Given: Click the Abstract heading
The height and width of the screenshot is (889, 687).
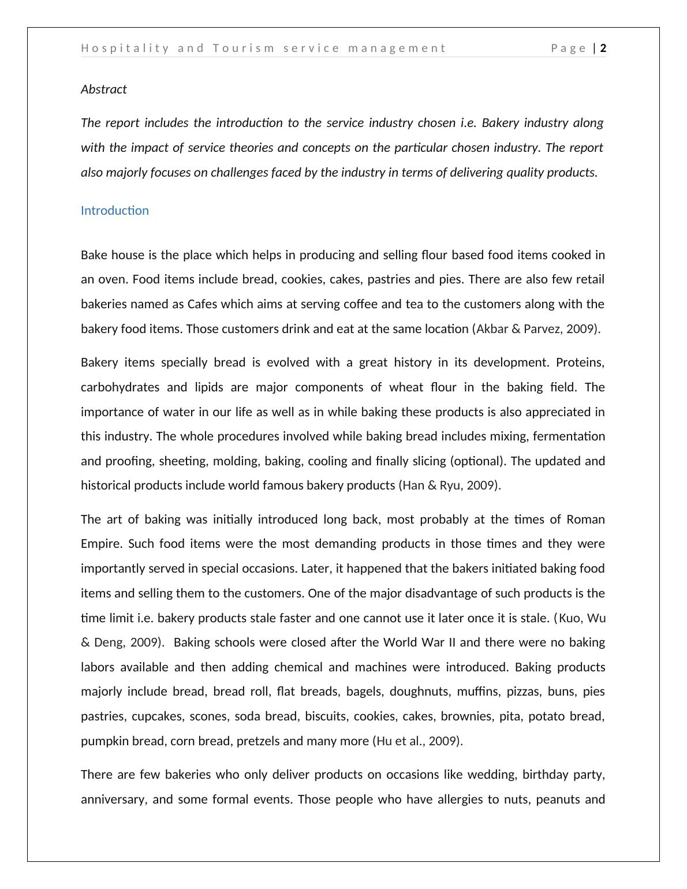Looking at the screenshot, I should point(103,89).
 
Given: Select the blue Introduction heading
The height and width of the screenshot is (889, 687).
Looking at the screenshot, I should point(114,211).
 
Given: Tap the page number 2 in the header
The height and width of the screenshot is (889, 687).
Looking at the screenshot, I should point(603,48).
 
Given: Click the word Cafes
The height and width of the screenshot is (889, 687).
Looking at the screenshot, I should point(203,304).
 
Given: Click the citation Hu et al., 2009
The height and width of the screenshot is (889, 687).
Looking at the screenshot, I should point(417,741).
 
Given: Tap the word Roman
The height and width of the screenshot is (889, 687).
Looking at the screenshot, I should point(585,520).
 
